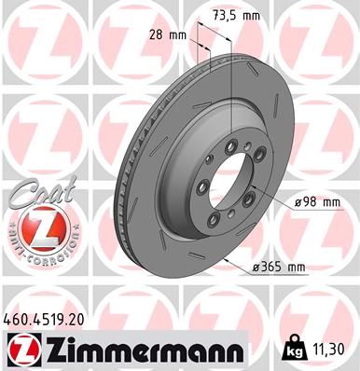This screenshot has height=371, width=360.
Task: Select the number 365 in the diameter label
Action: point(271,268)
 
